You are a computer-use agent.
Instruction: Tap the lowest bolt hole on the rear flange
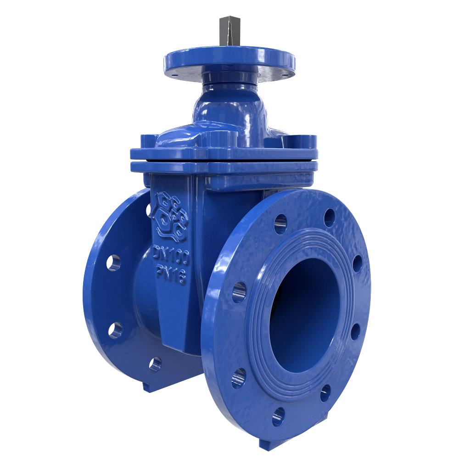click(155, 364)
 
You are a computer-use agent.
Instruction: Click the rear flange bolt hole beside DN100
click(113, 263)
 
